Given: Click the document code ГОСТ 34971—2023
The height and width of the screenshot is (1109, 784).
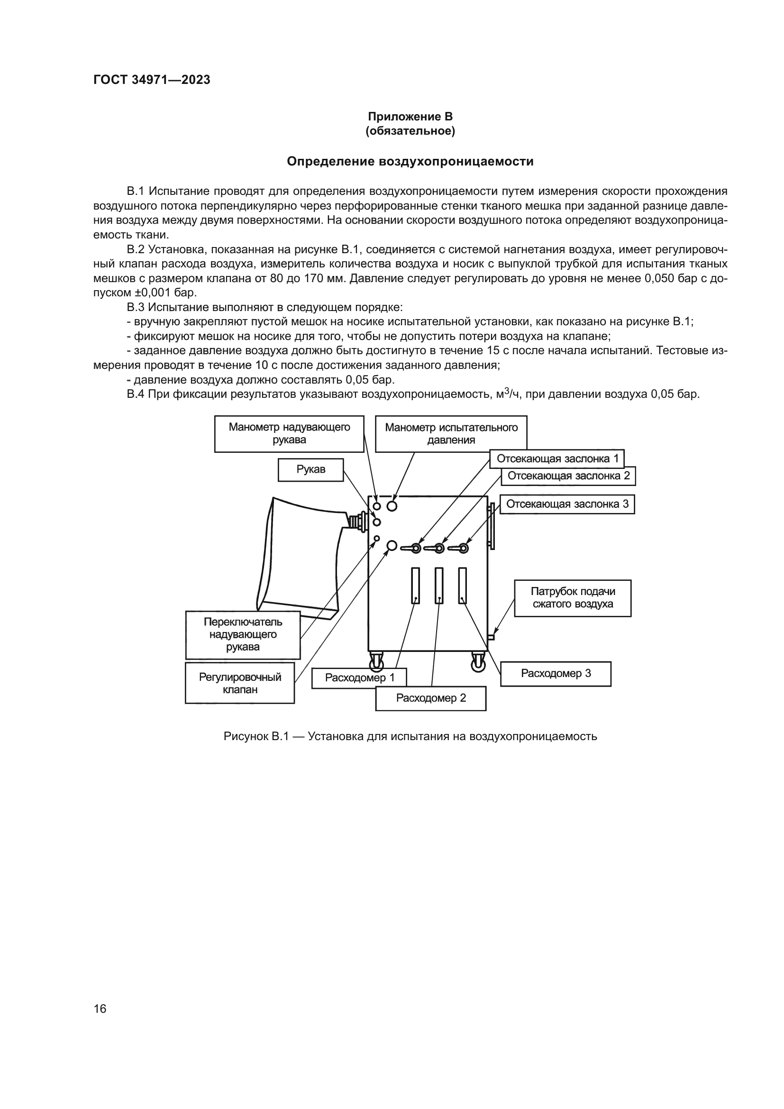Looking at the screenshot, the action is click(152, 80).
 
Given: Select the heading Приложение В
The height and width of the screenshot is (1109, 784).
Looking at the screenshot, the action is click(410, 117).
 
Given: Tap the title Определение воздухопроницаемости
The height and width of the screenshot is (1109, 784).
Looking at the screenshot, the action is click(410, 161).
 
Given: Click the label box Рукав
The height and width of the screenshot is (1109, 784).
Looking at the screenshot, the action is click(311, 469).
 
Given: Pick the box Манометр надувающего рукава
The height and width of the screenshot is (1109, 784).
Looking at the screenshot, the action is click(289, 434).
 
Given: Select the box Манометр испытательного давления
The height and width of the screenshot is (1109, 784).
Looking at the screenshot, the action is click(451, 434).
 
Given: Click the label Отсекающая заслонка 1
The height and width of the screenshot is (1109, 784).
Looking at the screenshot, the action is click(557, 458).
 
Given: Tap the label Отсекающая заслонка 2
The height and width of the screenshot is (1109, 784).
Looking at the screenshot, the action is click(568, 476).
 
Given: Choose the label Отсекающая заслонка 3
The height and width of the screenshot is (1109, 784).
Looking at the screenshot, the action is click(567, 504).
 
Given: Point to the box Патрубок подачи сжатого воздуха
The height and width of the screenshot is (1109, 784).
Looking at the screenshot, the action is click(573, 598).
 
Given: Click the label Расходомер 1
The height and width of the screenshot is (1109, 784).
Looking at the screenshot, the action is click(359, 678).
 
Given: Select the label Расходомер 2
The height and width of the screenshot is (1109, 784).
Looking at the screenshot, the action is click(430, 698).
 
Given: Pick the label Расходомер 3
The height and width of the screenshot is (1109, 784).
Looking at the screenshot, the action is click(556, 674).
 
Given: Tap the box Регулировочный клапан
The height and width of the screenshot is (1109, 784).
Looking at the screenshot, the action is click(240, 683).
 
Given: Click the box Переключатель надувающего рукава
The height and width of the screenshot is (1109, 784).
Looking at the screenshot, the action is click(243, 635).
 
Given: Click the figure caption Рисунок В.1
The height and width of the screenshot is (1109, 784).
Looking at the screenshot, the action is click(410, 737).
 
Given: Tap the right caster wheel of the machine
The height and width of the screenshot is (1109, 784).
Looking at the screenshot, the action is click(478, 662).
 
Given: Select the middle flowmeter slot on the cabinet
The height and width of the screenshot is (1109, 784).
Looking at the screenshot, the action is click(439, 586).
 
